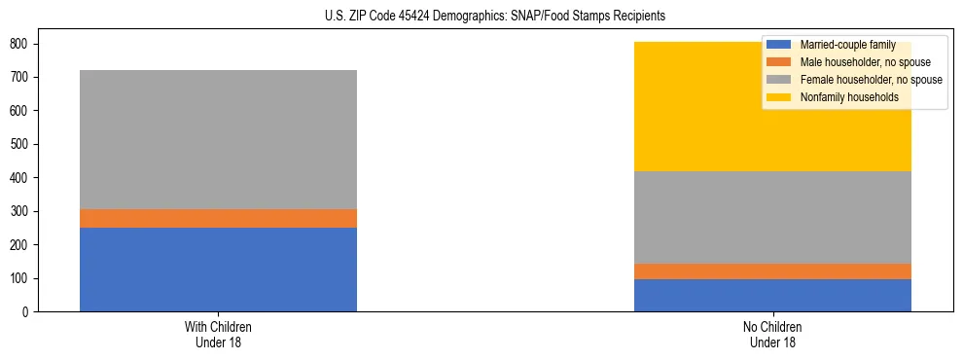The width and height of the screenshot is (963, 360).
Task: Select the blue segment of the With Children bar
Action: [x=218, y=270]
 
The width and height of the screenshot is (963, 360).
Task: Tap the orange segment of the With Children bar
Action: [x=218, y=218]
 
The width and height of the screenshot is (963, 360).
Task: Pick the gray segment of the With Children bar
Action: [x=218, y=139]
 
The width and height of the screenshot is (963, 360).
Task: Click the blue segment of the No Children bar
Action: [x=772, y=295]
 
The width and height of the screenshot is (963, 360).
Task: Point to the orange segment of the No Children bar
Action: [x=772, y=271]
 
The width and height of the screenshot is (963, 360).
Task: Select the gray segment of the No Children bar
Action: [x=772, y=217]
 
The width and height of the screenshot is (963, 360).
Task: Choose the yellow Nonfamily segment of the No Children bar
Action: [x=681, y=107]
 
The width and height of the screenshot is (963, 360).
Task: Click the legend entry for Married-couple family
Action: [x=854, y=46]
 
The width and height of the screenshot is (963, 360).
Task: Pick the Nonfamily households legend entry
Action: [x=855, y=97]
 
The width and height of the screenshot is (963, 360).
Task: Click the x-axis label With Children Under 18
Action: [x=218, y=334]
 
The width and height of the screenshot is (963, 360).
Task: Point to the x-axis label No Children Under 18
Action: [x=772, y=334]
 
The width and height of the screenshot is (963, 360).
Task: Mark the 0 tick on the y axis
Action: [x=29, y=312]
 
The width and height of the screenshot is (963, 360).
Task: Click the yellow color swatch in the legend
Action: [x=779, y=97]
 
